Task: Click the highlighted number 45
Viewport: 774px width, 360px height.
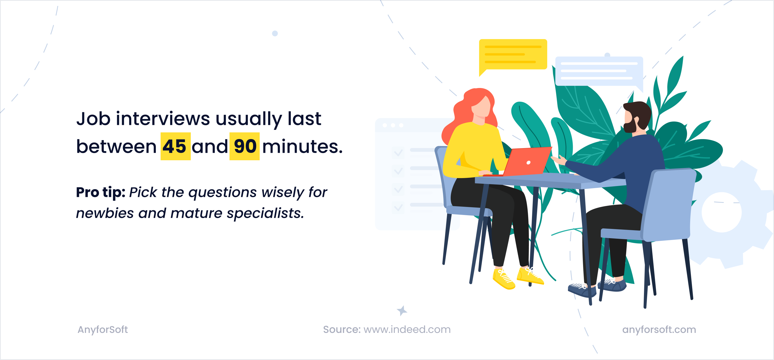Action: [175, 146]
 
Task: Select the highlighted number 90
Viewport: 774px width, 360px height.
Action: [245, 146]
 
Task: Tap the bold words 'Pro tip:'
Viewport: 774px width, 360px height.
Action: [100, 192]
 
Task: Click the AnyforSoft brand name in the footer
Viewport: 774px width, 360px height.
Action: [102, 330]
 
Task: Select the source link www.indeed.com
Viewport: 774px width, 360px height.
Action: [407, 330]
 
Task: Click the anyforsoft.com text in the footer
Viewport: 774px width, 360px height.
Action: [659, 330]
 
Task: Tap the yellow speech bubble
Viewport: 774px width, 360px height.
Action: [513, 54]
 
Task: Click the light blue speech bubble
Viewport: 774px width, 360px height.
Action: [599, 71]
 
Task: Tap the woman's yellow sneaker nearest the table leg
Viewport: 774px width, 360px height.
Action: [529, 276]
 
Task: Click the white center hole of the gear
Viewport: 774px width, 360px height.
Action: [721, 212]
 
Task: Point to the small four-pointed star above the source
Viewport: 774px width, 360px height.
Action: [402, 310]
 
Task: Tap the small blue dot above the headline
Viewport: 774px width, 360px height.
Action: [275, 33]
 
